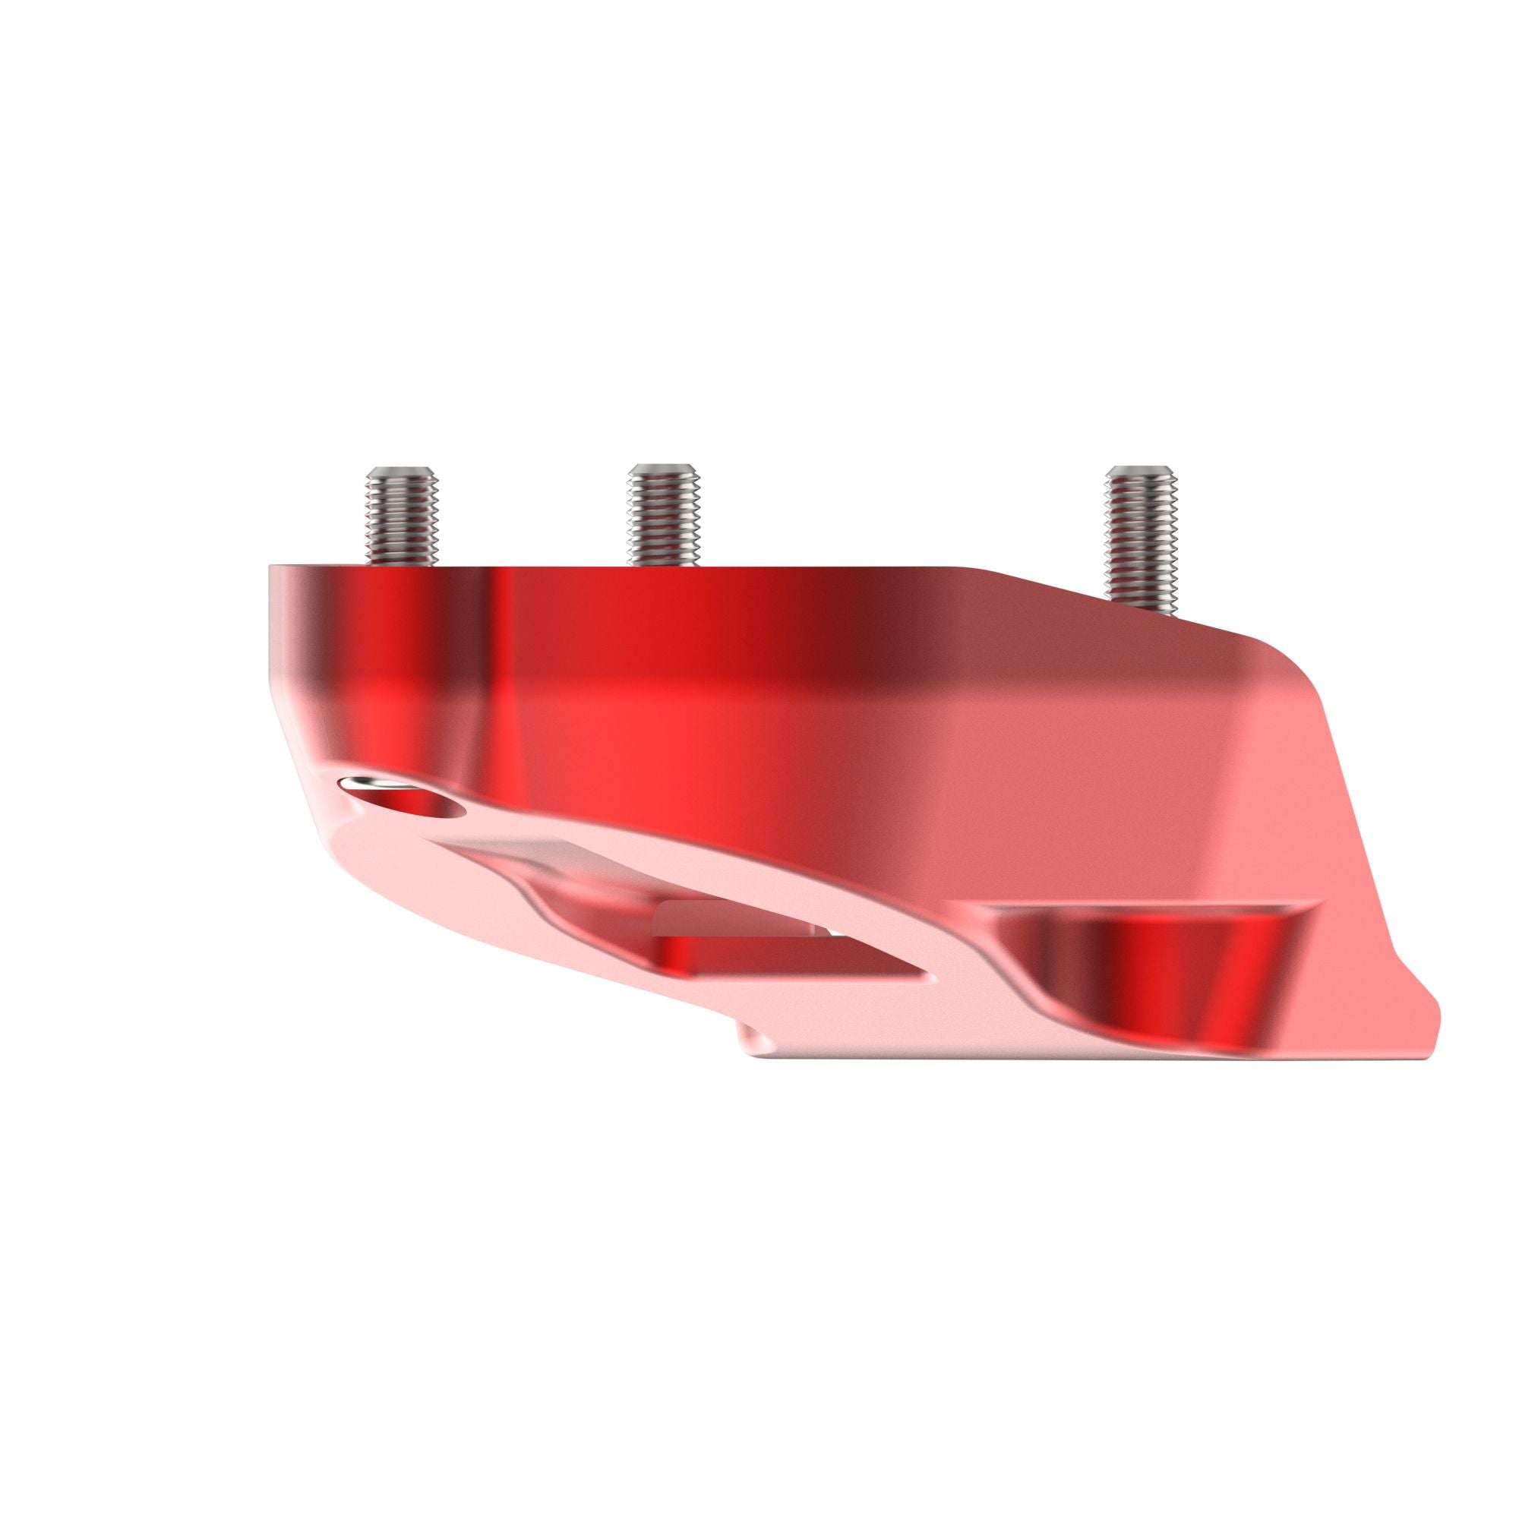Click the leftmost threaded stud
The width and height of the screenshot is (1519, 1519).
(x=401, y=517)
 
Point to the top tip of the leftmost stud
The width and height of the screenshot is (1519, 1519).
(x=401, y=471)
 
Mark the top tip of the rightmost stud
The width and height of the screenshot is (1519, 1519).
(x=1142, y=471)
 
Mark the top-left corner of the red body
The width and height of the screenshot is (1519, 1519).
(x=271, y=566)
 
